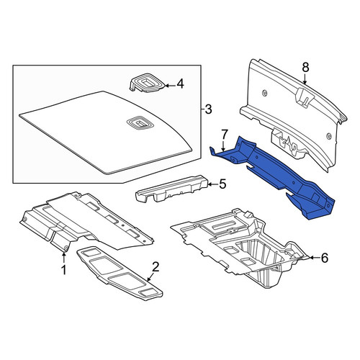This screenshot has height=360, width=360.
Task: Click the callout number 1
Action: [64, 270]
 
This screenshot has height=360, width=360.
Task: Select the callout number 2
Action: [156, 266]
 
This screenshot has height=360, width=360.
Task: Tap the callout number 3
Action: [208, 109]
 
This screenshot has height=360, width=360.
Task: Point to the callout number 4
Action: [180, 84]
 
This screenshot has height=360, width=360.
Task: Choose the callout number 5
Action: [222, 184]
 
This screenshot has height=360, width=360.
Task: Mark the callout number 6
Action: [324, 258]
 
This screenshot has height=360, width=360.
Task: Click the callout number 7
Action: [224, 135]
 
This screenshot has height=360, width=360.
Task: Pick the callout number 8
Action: [305, 68]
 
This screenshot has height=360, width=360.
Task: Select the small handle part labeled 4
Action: [147, 84]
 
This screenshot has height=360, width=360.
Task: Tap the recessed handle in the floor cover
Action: [140, 124]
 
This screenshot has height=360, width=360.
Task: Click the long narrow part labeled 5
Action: [171, 189]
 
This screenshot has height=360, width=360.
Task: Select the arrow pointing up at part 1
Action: [64, 256]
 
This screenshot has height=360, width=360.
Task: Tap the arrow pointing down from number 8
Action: [305, 78]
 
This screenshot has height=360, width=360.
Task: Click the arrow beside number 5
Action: [212, 184]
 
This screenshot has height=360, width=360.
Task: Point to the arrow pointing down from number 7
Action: [224, 146]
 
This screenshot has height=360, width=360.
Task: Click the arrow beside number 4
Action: [170, 85]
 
